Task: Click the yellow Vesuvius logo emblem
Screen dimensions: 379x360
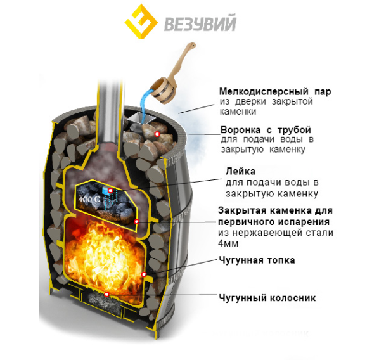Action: (x=141, y=22)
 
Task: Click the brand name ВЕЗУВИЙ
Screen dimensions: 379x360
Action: (x=200, y=23)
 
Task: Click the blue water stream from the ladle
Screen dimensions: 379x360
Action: (x=145, y=106)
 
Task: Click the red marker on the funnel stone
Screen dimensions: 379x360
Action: (x=157, y=134)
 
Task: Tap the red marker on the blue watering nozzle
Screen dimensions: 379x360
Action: (x=110, y=191)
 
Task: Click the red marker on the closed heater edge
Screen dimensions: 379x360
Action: (x=136, y=221)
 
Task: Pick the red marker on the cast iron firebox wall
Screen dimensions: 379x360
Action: (x=144, y=274)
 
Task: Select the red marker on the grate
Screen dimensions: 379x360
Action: (x=106, y=294)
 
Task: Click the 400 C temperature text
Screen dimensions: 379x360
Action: (x=89, y=200)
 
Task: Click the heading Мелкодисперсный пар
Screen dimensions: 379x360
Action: (x=275, y=92)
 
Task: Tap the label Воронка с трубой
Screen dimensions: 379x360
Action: (x=266, y=130)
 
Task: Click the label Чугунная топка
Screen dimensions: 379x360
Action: (x=257, y=260)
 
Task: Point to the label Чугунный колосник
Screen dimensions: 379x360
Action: (x=267, y=298)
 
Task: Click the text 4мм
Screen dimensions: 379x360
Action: (x=228, y=243)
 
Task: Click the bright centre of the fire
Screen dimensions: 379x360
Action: (x=104, y=256)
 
